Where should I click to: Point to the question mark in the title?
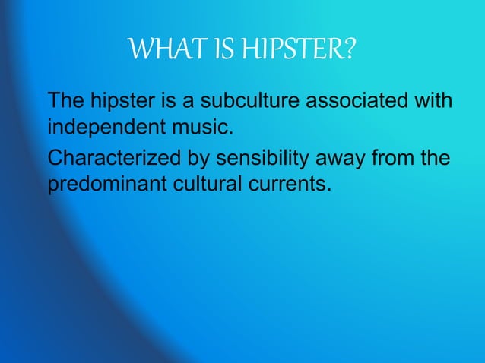tap(349, 52)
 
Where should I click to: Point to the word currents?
tap(292, 183)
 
